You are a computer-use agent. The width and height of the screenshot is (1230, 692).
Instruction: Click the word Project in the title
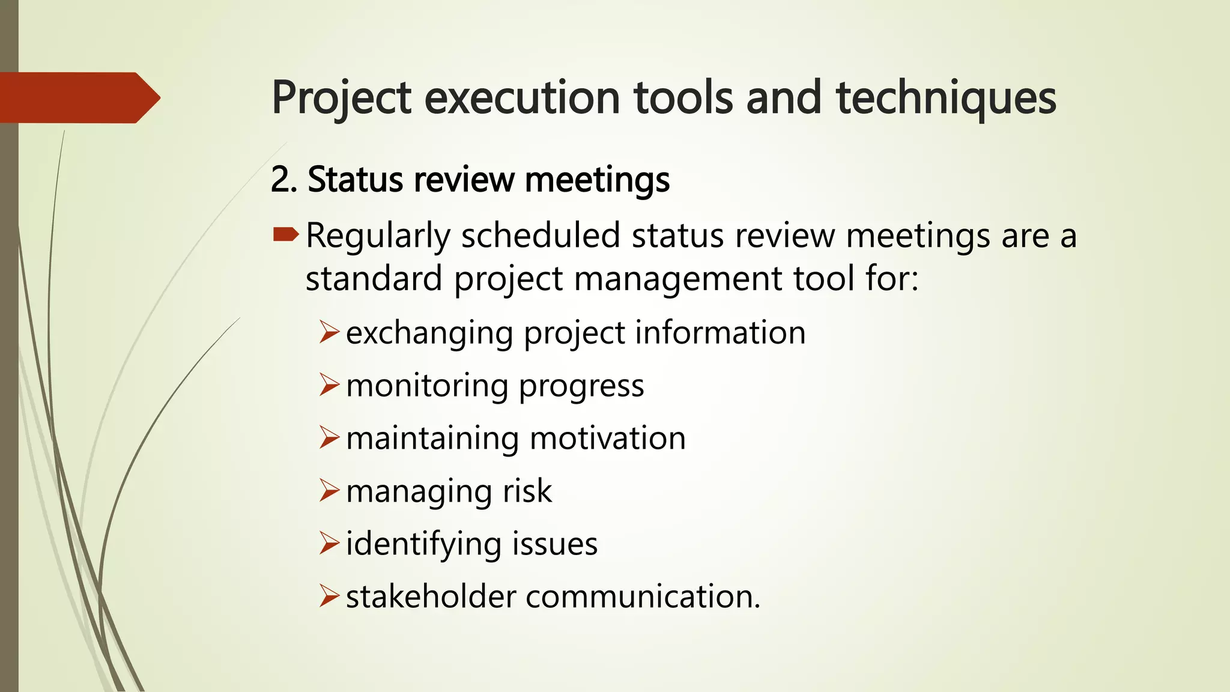point(341,98)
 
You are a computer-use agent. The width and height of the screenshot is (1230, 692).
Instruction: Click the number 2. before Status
point(284,180)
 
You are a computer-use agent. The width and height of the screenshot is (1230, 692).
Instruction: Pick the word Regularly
point(378,235)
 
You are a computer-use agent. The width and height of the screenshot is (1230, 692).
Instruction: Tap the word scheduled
point(541,235)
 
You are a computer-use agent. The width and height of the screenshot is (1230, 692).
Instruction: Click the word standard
point(374,279)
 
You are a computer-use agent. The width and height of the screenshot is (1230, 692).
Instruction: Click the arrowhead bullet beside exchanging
point(329,332)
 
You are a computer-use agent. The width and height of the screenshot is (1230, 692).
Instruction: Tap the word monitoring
point(427,386)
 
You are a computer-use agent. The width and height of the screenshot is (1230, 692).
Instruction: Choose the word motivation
point(608,439)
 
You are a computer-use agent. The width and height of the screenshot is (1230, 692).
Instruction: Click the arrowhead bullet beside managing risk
point(329,490)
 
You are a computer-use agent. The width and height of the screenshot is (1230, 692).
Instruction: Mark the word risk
point(527,491)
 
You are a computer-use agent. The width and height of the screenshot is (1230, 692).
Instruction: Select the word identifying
point(423,544)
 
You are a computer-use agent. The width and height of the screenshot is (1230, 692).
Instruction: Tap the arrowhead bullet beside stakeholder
point(329,596)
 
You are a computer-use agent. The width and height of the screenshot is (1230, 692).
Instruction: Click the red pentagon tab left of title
point(78,97)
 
